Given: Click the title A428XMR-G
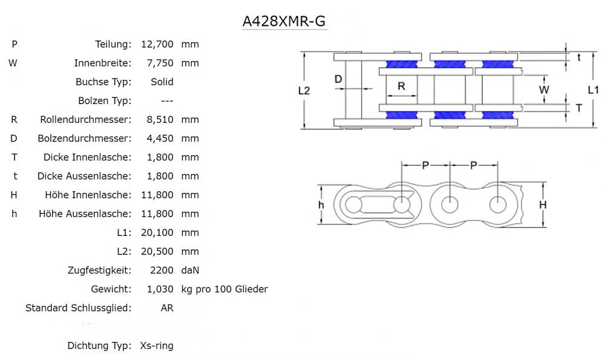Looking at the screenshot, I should [x=285, y=21].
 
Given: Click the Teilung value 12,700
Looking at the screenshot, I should [x=157, y=44].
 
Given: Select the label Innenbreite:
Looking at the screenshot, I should [x=102, y=63].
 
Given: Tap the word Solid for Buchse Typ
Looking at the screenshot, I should [x=162, y=82].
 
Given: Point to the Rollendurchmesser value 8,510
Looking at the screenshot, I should [x=160, y=120].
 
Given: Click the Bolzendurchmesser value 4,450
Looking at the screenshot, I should [x=160, y=139].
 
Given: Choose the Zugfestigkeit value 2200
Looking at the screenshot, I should [x=162, y=270].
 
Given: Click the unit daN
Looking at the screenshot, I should [x=190, y=270].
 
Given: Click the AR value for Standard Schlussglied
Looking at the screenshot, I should [x=167, y=308].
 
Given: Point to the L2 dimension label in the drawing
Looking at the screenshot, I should [x=304, y=90].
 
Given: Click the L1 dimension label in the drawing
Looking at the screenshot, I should [x=594, y=90].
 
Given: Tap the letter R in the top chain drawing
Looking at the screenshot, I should [x=401, y=86].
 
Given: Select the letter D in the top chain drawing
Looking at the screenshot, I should [x=338, y=79].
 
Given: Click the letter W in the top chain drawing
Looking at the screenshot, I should [x=544, y=90].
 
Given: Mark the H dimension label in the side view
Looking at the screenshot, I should [x=543, y=205].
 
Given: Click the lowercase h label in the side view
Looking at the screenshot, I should [x=321, y=205].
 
